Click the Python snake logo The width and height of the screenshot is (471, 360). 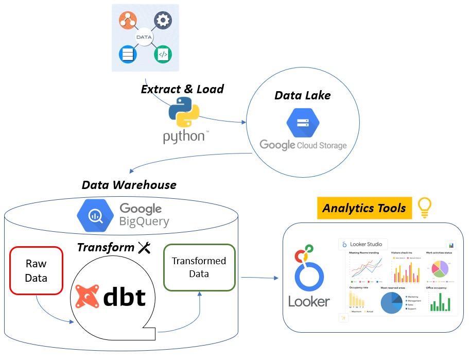[x=184, y=112]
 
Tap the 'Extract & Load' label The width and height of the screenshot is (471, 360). [x=182, y=89]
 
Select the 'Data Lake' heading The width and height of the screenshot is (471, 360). [x=302, y=95]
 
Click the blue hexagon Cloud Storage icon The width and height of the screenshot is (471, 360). [x=302, y=122]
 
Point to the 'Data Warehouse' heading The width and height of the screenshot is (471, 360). [x=129, y=184]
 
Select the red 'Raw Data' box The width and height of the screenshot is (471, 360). [x=36, y=270]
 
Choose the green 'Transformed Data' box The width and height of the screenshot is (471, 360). [x=199, y=267]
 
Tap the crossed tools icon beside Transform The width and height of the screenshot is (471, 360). [x=144, y=248]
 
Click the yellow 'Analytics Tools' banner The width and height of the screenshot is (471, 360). [x=364, y=208]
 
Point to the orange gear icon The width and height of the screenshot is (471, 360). [x=163, y=20]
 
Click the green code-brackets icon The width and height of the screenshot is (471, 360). [x=163, y=54]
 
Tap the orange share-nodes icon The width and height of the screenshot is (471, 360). [x=127, y=20]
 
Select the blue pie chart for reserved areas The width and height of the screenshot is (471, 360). [x=391, y=302]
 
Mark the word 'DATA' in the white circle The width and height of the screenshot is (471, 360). [x=145, y=37]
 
